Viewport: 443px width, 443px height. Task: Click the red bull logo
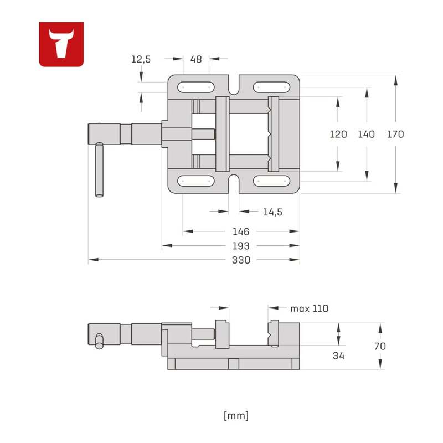61,44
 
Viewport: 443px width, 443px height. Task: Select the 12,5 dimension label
141,59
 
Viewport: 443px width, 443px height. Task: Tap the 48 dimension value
196,59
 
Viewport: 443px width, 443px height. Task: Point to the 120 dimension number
338,134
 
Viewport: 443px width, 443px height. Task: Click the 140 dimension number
367,134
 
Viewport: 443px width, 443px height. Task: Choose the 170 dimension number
395,134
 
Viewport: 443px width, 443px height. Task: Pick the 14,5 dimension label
272,212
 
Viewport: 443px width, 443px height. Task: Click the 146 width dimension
241,231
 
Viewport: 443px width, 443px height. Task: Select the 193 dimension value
241,246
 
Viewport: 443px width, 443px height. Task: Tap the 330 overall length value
241,260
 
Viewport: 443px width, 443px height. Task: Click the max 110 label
310,308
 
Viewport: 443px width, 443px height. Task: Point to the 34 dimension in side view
338,356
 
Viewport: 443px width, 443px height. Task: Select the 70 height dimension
380,346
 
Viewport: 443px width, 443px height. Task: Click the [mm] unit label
236,416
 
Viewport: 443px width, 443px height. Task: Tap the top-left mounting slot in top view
196,87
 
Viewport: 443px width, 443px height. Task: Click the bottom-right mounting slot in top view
271,181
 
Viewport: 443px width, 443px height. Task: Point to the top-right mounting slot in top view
271,87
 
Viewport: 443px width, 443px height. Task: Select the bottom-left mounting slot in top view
196,181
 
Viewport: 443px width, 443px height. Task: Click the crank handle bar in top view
99,169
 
